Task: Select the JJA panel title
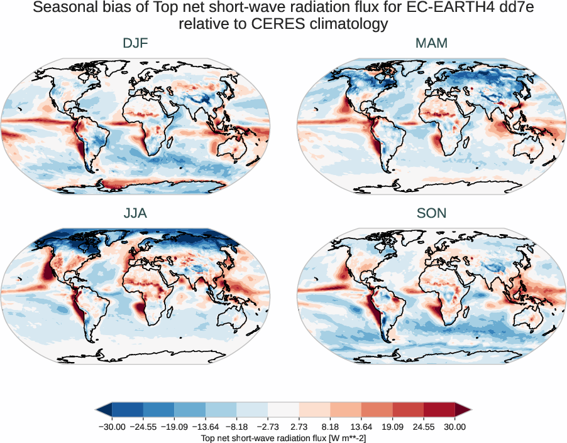[x=135, y=213]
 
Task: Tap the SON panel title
[x=431, y=213]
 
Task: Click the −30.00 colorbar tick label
[x=111, y=427]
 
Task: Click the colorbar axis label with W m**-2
[x=283, y=437]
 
